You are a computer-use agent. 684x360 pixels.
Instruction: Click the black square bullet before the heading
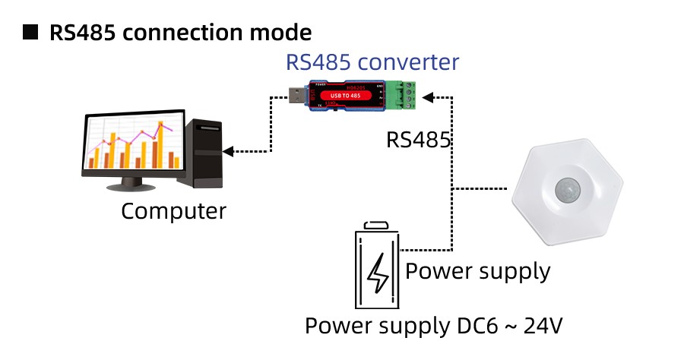coord(31,33)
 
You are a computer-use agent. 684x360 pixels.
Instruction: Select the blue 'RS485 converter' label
coord(372,62)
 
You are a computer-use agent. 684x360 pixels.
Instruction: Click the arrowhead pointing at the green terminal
coord(428,97)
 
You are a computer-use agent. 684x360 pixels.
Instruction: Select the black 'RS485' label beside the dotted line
coord(419,140)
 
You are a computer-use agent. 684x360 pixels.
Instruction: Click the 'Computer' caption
coord(173,210)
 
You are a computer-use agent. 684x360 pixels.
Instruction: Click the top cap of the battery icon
coord(378,226)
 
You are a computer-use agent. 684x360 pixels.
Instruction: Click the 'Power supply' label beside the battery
coord(478,270)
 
